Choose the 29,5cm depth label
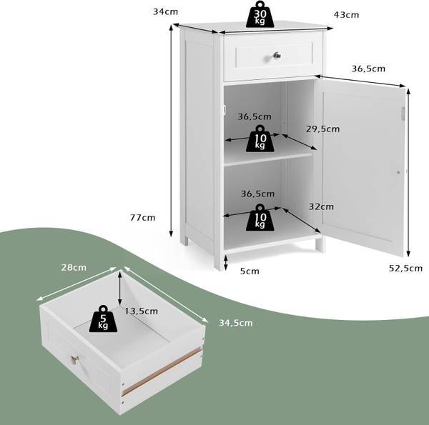[322, 129]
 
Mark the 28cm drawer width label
[74, 267]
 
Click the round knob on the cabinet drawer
[274, 56]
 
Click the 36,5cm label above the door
[368, 69]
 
